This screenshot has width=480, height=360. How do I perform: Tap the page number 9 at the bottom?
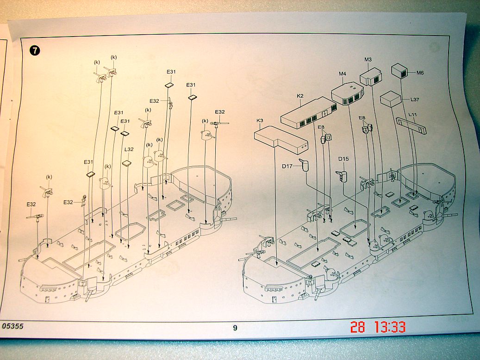[235, 328]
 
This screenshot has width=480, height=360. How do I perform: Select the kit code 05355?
[12, 326]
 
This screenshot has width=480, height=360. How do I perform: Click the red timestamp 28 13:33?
[378, 327]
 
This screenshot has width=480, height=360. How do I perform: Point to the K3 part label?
[260, 121]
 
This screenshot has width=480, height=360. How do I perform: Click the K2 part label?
[300, 96]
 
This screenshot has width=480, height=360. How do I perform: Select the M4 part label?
[343, 74]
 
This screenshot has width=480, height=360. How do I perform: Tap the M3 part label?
[368, 60]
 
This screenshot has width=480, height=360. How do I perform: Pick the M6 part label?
[420, 73]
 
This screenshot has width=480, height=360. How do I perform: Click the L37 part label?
[414, 99]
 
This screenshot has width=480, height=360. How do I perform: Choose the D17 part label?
[287, 166]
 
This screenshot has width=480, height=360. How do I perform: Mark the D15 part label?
[343, 159]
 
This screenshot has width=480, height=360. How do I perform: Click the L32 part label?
[129, 149]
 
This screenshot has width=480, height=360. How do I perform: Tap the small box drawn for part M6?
[399, 70]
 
